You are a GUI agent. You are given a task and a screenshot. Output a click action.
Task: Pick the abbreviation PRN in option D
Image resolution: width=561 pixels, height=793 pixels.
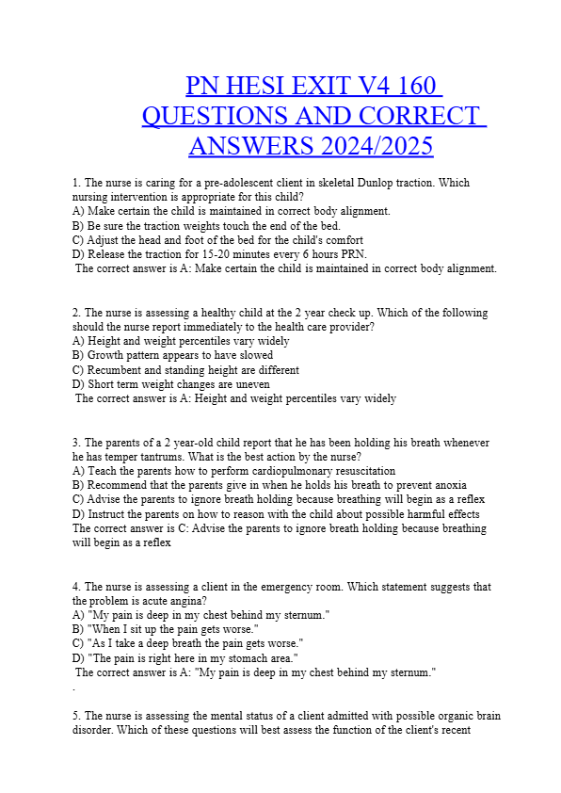(x=351, y=254)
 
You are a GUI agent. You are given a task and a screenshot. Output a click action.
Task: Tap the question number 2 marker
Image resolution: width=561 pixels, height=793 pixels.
(x=75, y=313)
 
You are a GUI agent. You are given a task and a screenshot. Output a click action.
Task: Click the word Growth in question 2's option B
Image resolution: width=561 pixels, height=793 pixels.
(x=104, y=356)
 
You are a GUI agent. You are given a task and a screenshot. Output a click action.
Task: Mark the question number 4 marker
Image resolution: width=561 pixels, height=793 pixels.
(x=75, y=587)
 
